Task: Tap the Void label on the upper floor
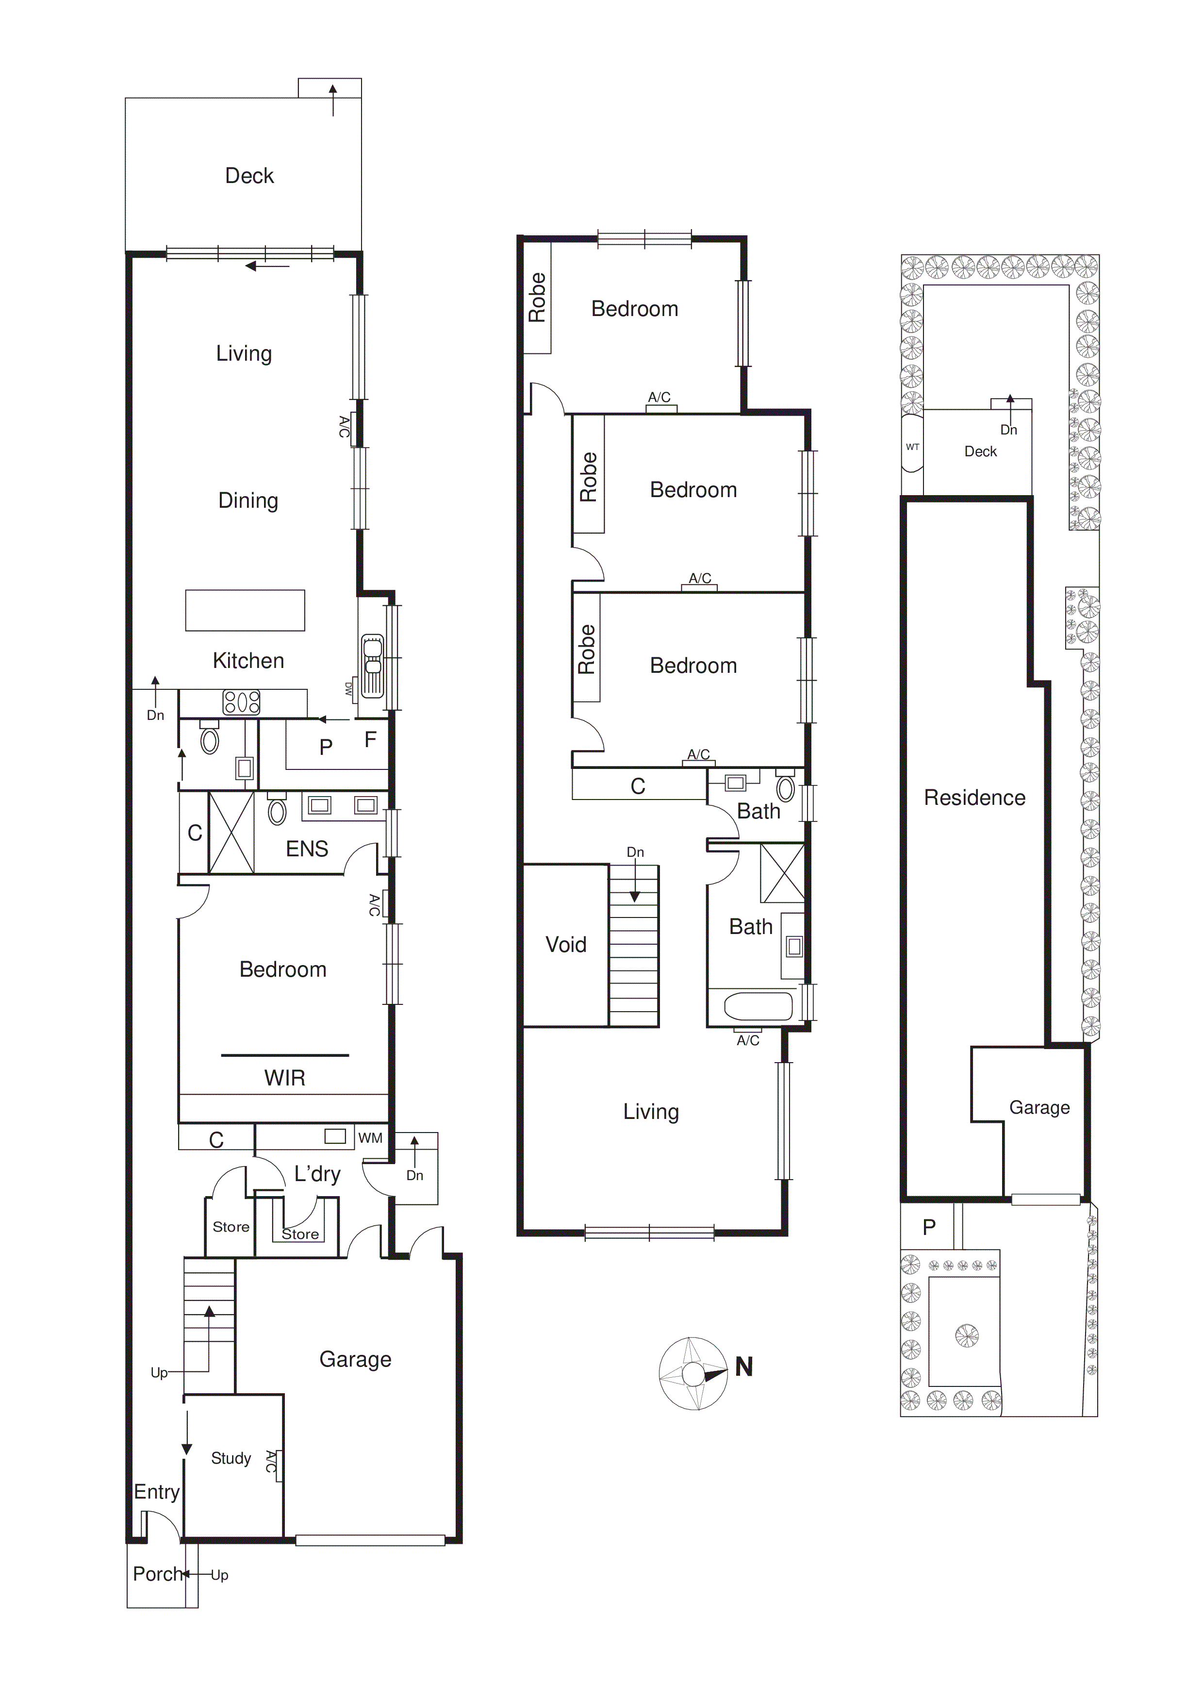click(x=565, y=945)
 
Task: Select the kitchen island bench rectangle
click(x=245, y=611)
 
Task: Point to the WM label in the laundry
click(x=370, y=1138)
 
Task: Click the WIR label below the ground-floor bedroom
click(x=284, y=1078)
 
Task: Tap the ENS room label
click(x=307, y=849)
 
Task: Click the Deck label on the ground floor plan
click(x=249, y=176)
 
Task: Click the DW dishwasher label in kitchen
click(x=348, y=689)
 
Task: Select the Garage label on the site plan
click(x=1039, y=1108)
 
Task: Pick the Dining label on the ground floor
click(x=248, y=501)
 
